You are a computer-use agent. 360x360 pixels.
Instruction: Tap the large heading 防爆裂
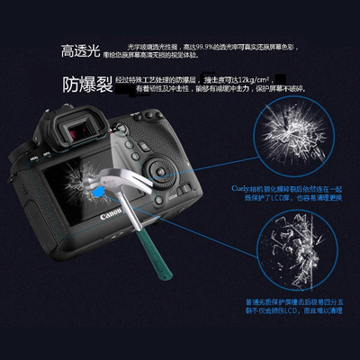tap(87, 85)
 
